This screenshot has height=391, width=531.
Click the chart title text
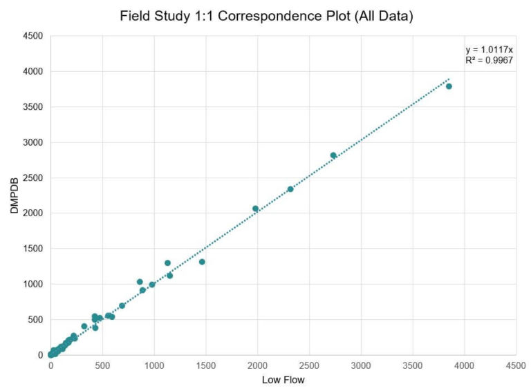(266, 16)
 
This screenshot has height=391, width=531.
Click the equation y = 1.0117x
(489, 50)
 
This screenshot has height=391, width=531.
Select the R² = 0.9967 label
(489, 60)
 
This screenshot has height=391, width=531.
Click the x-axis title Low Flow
(283, 379)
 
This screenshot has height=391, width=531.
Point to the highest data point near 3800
(449, 86)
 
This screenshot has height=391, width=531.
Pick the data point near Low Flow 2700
(333, 155)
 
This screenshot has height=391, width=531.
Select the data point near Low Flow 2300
(290, 189)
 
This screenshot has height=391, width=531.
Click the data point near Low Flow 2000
(255, 209)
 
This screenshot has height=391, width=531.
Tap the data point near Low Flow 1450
(202, 262)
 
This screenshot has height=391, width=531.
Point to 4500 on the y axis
(32, 36)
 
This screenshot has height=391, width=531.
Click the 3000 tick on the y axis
(32, 142)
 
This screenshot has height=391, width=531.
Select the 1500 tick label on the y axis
(32, 249)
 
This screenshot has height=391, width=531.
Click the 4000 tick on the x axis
(464, 365)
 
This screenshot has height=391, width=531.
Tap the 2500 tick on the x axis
(309, 365)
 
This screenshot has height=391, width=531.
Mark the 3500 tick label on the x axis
(412, 365)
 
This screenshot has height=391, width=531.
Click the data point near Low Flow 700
(122, 305)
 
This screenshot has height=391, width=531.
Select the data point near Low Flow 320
(84, 326)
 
